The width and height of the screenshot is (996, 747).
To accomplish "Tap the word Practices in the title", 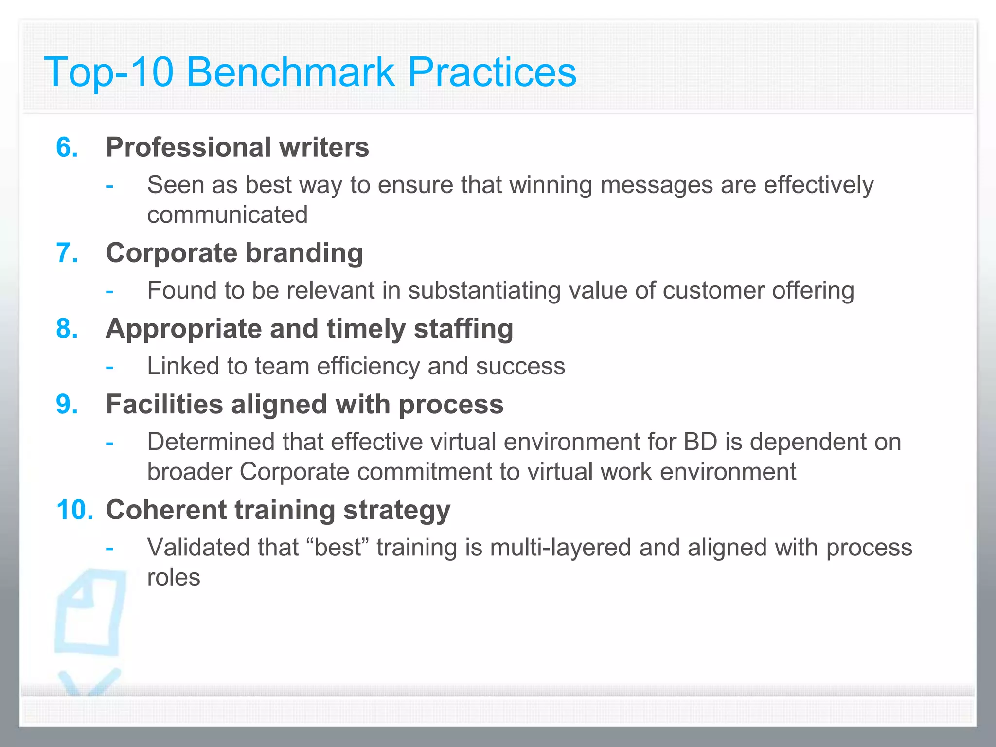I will [x=492, y=72].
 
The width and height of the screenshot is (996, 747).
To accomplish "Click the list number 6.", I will [x=67, y=147].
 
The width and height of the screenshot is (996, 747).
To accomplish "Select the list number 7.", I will [x=67, y=253].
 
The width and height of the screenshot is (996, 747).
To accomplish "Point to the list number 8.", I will [x=67, y=329].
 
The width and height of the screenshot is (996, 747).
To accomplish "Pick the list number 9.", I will [x=67, y=405].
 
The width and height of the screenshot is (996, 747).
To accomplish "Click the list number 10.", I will [x=74, y=510].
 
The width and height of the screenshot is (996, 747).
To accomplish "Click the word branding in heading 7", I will [x=304, y=253].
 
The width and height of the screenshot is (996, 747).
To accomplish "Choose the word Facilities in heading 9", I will [x=164, y=405].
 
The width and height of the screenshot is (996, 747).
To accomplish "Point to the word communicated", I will [x=228, y=215].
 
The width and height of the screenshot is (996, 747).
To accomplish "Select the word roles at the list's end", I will [x=174, y=578].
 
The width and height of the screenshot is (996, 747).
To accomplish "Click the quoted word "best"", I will [x=338, y=548].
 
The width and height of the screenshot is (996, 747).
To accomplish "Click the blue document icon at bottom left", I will [x=90, y=613].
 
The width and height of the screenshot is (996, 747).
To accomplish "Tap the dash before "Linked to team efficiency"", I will [x=110, y=367].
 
